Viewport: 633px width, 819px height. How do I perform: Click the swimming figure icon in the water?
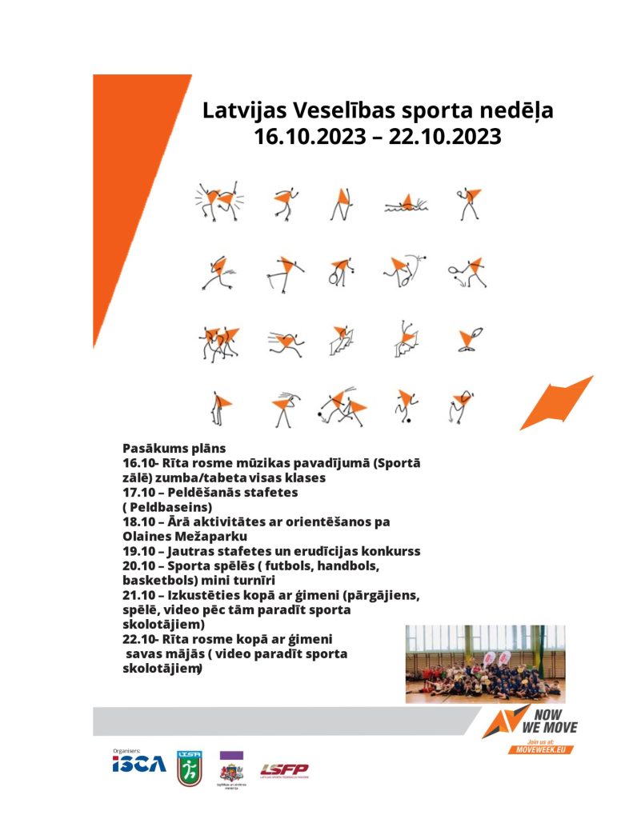[407, 204]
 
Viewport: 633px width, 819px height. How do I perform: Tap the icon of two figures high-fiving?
[218, 202]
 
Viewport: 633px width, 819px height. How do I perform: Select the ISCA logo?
[139, 764]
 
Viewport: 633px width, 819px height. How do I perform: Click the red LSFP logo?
[284, 770]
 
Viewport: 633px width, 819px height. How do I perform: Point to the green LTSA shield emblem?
[188, 768]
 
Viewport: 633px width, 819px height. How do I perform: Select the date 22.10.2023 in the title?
[445, 136]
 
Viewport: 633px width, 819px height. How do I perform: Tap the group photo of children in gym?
[485, 664]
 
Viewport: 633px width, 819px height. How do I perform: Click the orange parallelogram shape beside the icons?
[555, 403]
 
